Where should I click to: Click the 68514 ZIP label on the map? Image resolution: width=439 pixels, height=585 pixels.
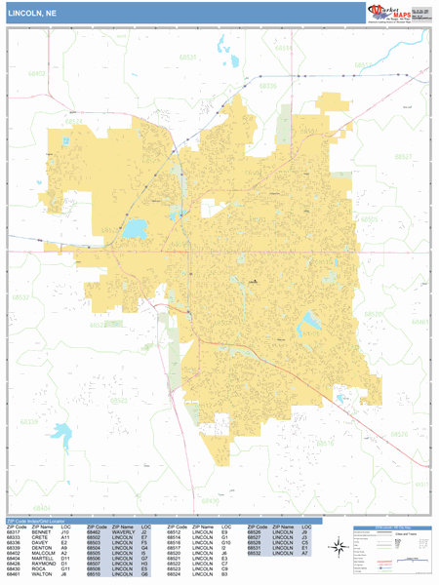[282, 48]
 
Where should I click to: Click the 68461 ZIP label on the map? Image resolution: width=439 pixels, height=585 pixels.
[419, 321]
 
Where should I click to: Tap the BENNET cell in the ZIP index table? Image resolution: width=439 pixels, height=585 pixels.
[39, 532]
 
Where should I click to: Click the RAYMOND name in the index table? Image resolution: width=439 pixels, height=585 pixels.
[41, 563]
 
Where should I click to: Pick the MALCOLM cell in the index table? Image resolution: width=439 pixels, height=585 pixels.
[41, 552]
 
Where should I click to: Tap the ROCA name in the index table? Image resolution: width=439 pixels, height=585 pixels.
[36, 567]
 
